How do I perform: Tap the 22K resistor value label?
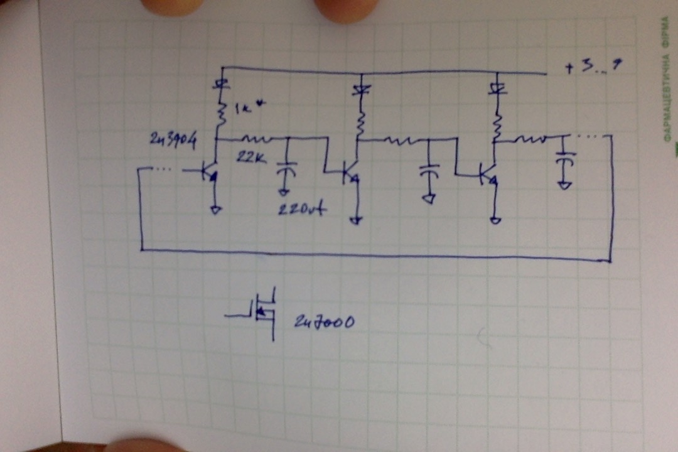[249, 158]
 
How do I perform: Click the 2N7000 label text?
[324, 323]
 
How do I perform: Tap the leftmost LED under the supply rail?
[220, 83]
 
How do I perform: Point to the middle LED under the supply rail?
[360, 90]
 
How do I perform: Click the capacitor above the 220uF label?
[288, 166]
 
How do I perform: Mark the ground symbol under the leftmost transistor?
[215, 210]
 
